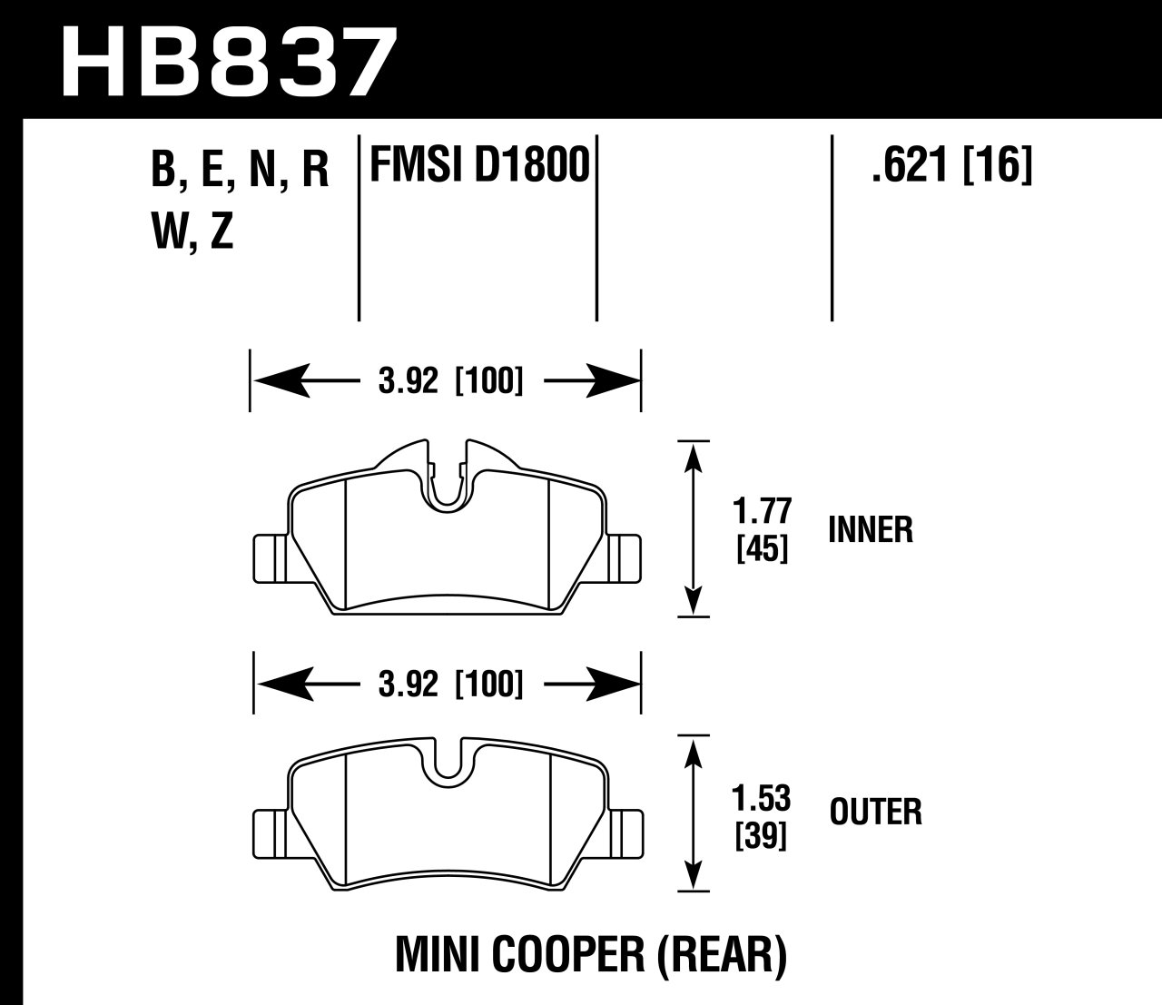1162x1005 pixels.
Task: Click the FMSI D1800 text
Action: tap(478, 166)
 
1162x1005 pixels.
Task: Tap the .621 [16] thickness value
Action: tap(951, 166)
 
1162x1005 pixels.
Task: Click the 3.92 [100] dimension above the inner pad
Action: tap(448, 382)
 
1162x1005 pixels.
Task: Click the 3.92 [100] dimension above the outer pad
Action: tap(448, 683)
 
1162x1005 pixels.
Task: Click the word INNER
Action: tap(871, 529)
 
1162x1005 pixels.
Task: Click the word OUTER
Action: tap(875, 812)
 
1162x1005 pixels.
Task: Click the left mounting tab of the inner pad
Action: tap(269, 557)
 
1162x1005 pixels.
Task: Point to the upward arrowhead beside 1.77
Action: tap(694, 457)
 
